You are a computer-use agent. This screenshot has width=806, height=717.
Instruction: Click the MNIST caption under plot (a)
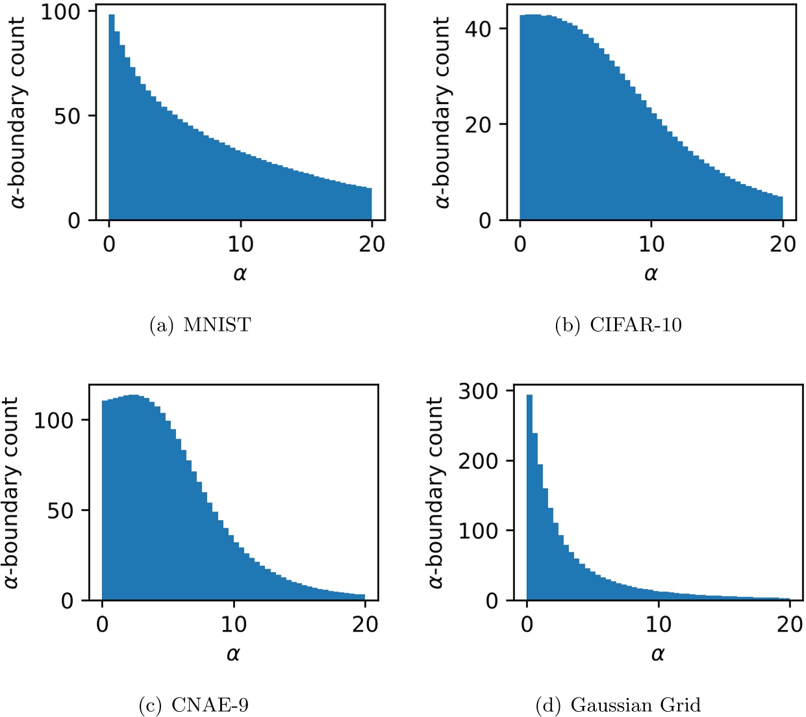201,324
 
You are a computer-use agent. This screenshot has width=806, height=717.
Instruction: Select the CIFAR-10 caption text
618,324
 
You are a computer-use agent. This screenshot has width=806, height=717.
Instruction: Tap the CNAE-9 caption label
194,705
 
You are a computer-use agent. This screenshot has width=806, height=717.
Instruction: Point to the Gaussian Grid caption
618,705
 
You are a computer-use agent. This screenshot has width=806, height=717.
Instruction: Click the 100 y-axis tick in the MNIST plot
60,12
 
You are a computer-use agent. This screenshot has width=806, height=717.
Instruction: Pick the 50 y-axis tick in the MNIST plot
67,116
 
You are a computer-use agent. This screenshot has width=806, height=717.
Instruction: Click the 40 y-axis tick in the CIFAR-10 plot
478,29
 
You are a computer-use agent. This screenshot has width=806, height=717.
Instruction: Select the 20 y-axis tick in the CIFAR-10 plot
478,124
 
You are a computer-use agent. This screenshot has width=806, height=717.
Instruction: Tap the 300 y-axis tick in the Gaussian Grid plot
478,391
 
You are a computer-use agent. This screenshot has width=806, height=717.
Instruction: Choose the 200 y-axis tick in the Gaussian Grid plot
478,461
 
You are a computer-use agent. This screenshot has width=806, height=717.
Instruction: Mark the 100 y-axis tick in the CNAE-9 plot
53,421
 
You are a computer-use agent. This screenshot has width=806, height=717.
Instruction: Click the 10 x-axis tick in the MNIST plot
240,244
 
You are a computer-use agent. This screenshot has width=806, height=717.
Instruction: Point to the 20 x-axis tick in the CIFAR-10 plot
783,244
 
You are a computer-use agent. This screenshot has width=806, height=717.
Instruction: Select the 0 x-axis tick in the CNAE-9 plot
102,625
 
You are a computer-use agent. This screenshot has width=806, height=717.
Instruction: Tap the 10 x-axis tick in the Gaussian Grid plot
658,625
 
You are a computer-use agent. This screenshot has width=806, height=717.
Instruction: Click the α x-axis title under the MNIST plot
240,274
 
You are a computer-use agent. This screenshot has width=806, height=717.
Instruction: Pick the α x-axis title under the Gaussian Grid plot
657,654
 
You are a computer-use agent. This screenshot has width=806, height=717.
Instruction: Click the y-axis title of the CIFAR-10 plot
442,112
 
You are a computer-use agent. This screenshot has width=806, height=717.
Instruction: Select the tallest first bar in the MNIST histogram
112,117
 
